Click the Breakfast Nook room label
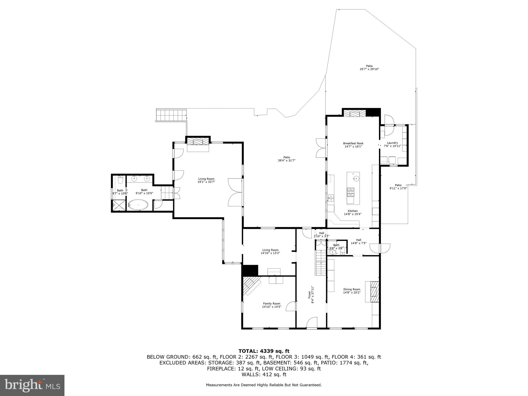click(353, 143)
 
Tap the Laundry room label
click(392, 143)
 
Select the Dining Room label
click(351, 289)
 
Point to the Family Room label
click(271, 303)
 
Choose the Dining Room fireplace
click(375, 291)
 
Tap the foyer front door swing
click(312, 323)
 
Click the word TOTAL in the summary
click(248, 351)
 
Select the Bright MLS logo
click(32, 385)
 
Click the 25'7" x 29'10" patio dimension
click(369, 69)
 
